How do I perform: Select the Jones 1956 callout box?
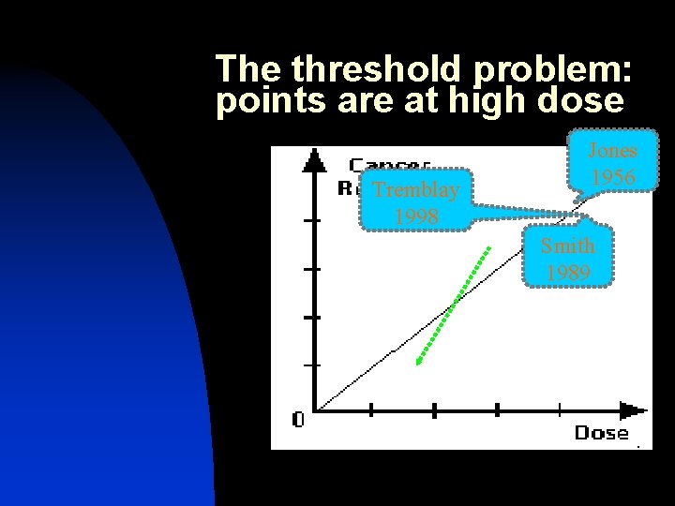(x=611, y=163)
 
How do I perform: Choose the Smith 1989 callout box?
(x=567, y=259)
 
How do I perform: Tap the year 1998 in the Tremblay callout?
(x=415, y=216)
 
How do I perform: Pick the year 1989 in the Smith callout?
(x=567, y=273)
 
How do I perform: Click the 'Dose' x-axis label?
(x=601, y=432)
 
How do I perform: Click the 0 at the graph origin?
(x=297, y=420)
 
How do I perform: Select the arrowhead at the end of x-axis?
(x=635, y=409)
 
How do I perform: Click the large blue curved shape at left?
(x=103, y=309)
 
